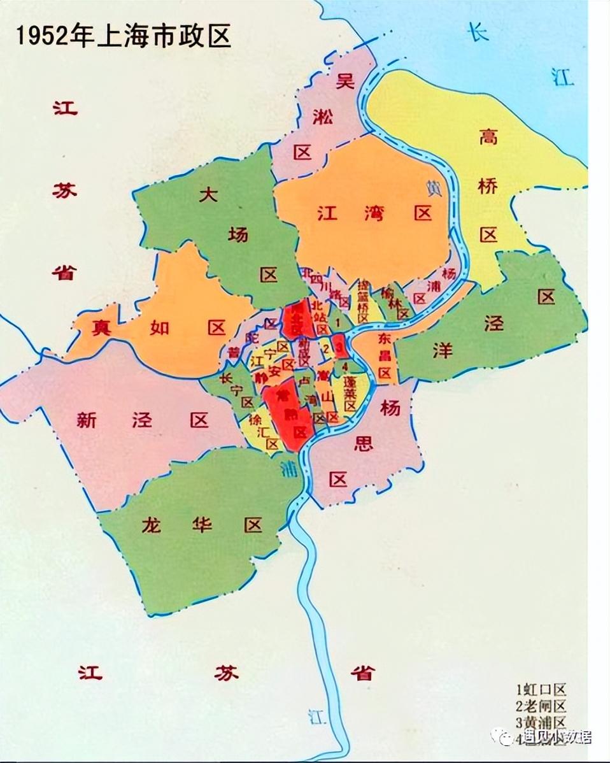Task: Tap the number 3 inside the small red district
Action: pos(339,346)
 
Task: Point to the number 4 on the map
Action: pos(344,367)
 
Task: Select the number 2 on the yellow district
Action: pos(326,348)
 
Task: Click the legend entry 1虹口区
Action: pos(541,690)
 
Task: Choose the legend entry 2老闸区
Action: pos(541,706)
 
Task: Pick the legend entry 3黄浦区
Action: pos(541,722)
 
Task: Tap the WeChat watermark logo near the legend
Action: pos(507,738)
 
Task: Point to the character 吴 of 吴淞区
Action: pos(344,81)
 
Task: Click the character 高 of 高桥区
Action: pos(488,137)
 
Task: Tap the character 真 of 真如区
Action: pos(99,328)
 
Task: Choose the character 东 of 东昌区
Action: pos(385,338)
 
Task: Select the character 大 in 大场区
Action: pos(208,195)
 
